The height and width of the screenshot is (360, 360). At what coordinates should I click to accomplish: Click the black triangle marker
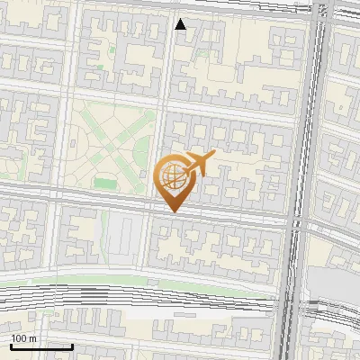pyautogui.click(x=181, y=24)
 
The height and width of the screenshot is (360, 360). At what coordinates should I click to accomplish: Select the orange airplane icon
pyautogui.click(x=198, y=164)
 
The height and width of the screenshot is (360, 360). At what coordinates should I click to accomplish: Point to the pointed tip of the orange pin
pyautogui.click(x=172, y=211)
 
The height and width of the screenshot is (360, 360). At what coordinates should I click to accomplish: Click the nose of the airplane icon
pyautogui.click(x=213, y=156)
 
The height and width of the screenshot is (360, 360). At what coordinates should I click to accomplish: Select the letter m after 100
pyautogui.click(x=32, y=338)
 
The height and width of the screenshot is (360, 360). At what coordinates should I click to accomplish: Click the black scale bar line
pyautogui.click(x=41, y=346)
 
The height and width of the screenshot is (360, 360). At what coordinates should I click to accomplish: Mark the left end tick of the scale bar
pyautogui.click(x=11, y=345)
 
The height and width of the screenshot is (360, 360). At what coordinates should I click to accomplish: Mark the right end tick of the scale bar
pyautogui.click(x=72, y=345)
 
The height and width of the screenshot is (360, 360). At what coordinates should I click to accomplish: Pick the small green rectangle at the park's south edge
pyautogui.click(x=105, y=184)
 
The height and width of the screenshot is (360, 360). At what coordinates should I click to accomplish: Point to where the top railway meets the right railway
pyautogui.click(x=319, y=11)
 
